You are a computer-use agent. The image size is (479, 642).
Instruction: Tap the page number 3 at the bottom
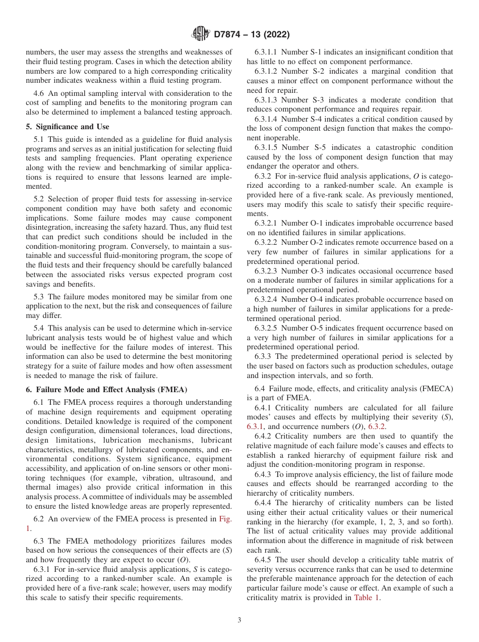click(x=239, y=620)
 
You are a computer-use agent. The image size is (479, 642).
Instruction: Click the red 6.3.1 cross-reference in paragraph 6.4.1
click(x=256, y=426)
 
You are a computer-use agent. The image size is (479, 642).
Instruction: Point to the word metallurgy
click(x=93, y=450)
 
